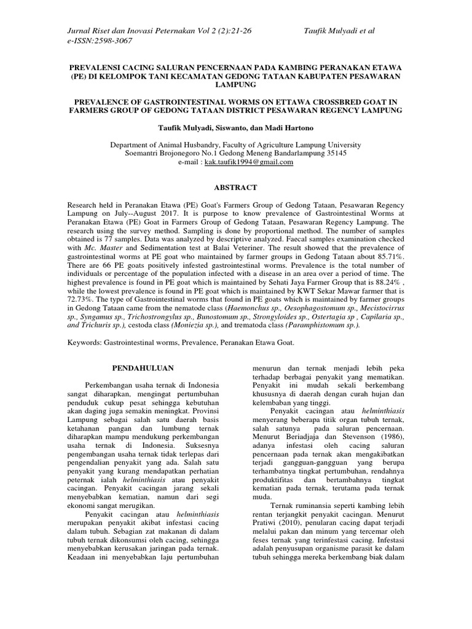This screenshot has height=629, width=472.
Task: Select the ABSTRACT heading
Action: pyautogui.click(x=236, y=187)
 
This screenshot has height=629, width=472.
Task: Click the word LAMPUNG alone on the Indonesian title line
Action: pyautogui.click(x=236, y=85)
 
